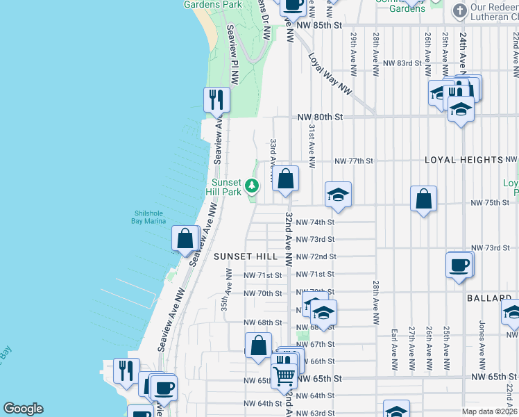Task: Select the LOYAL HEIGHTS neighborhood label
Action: (x=463, y=160)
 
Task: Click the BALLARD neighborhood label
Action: (x=488, y=297)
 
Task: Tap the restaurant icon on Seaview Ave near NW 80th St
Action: (x=216, y=99)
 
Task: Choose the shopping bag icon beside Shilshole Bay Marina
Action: (x=185, y=238)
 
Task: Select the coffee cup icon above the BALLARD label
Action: (x=459, y=265)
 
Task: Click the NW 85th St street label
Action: (x=318, y=25)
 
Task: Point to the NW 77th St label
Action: (x=353, y=161)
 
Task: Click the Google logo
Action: (x=23, y=409)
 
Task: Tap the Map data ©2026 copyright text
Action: (x=488, y=411)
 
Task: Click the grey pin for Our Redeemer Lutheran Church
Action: (x=459, y=11)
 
